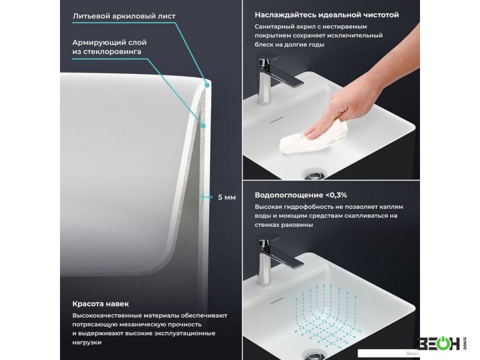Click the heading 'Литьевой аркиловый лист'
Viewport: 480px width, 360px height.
pos(124,16)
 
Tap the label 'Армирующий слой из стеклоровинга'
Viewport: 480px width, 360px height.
pos(109,47)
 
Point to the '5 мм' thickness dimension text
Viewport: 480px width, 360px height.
pos(227,197)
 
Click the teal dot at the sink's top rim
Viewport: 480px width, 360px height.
pos(207,85)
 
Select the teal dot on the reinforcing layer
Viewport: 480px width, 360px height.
pos(203,125)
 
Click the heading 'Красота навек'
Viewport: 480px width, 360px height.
pos(100,304)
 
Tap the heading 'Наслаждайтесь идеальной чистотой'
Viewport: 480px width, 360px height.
pos(326,14)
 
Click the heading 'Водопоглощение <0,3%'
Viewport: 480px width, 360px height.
pos(301,195)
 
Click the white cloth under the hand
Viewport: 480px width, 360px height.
pos(314,137)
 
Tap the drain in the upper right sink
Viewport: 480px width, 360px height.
pos(314,175)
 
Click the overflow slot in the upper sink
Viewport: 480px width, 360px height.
pos(277,119)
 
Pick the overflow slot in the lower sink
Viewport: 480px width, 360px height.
pos(277,301)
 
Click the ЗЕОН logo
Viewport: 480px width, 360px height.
pos(442,343)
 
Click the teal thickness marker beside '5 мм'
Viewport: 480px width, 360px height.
pos(206,197)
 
